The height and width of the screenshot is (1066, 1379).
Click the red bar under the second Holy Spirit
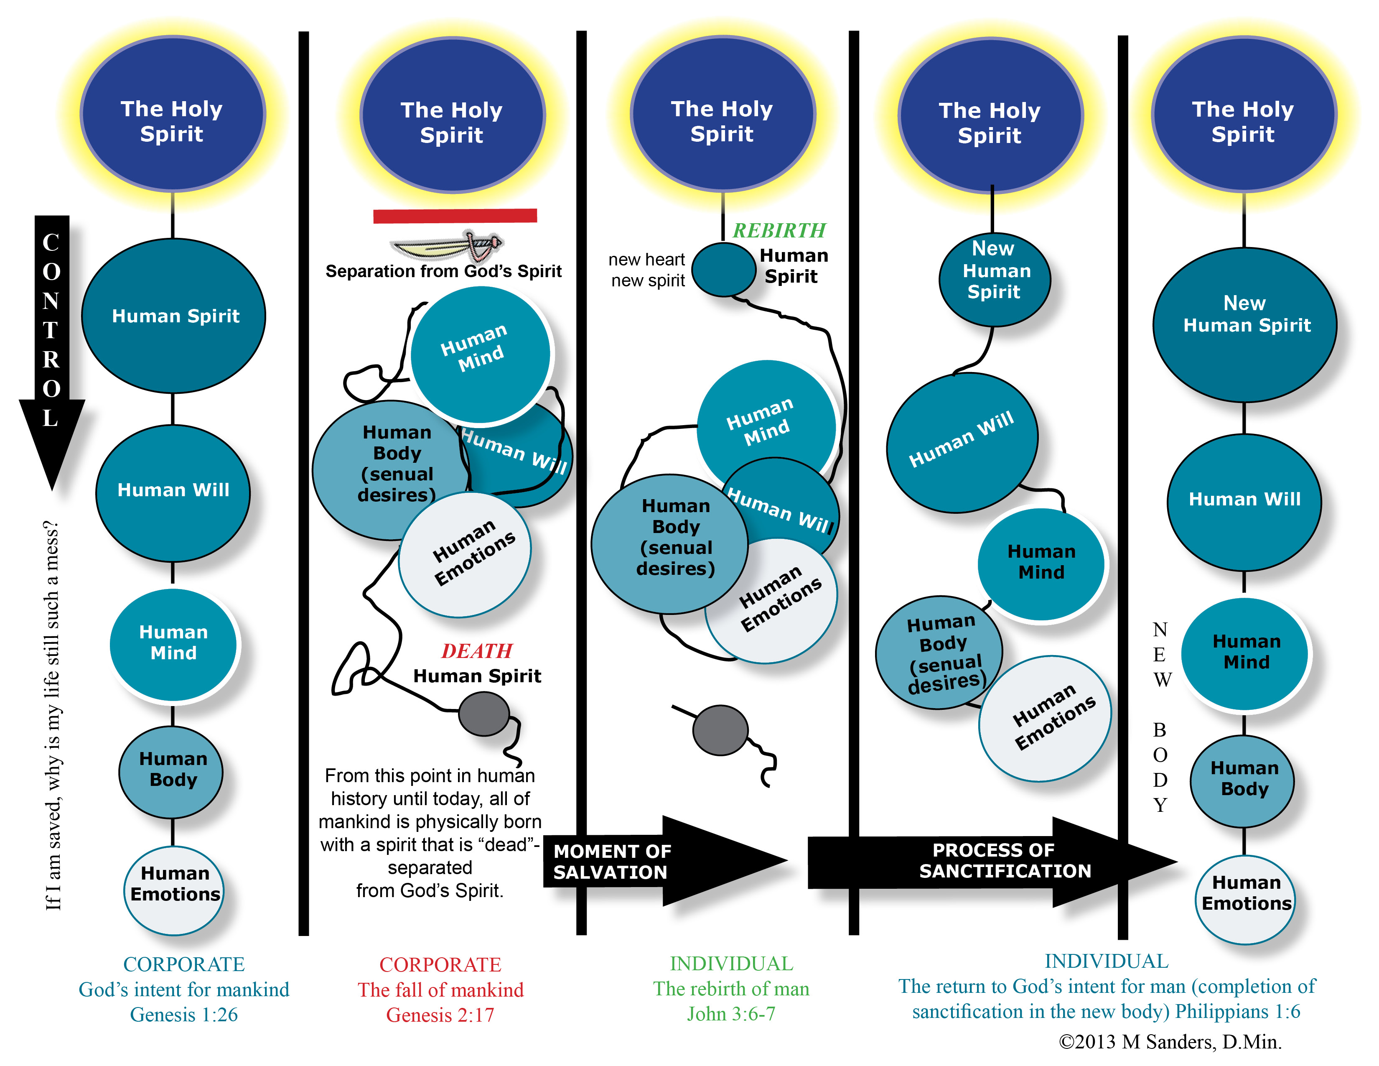[455, 216]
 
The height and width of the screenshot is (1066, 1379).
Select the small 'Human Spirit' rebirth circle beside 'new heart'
[724, 270]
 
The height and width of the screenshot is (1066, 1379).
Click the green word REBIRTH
[779, 230]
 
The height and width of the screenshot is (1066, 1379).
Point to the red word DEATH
[477, 650]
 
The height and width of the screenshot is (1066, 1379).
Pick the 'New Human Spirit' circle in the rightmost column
[1244, 324]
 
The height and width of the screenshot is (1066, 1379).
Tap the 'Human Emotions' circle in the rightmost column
[1244, 899]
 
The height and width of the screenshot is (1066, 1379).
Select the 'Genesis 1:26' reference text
[184, 1014]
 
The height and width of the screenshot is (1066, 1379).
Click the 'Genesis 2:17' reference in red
[440, 1015]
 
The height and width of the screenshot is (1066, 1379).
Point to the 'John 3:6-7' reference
[731, 1014]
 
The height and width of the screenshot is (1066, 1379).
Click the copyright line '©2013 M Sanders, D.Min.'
[1170, 1042]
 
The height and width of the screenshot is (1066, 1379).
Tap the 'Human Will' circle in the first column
[173, 493]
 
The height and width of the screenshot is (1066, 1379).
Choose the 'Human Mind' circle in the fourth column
[1041, 564]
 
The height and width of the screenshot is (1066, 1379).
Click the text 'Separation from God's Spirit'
[443, 272]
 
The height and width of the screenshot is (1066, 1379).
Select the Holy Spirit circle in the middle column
[723, 114]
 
